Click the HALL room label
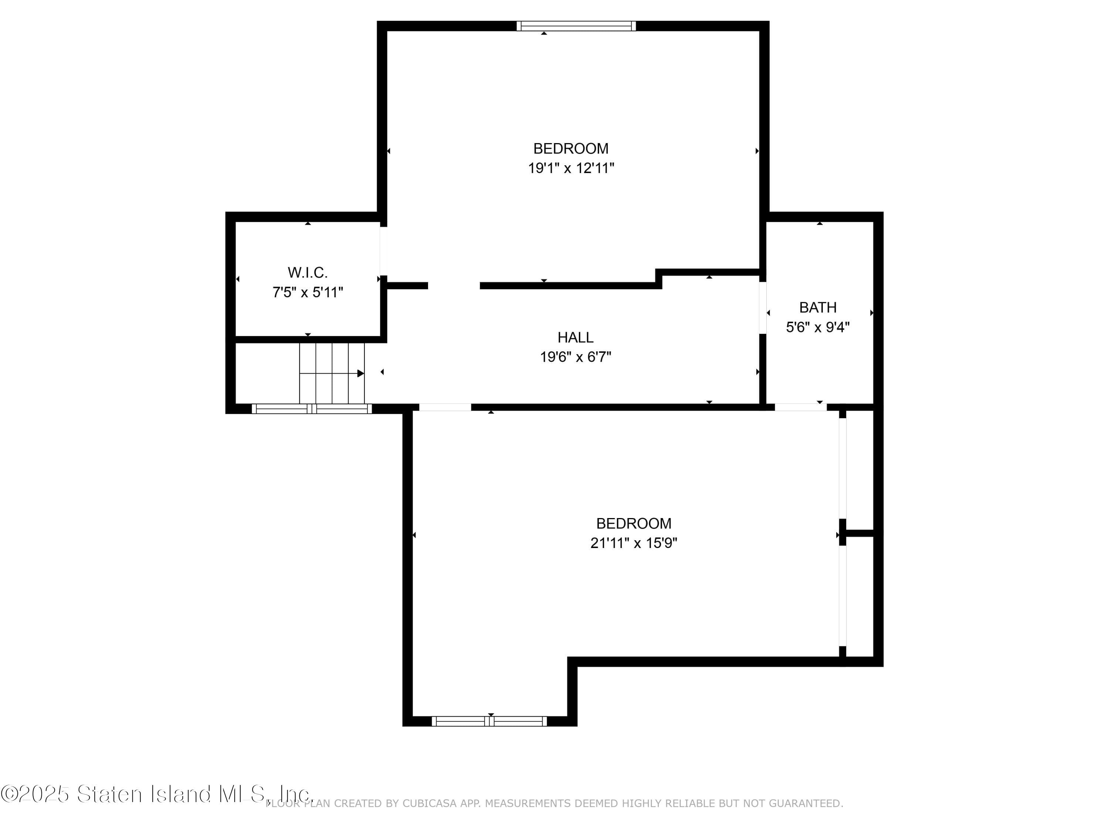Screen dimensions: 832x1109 pyautogui.click(x=575, y=337)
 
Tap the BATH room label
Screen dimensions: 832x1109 pyautogui.click(x=817, y=307)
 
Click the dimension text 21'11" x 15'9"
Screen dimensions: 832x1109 pyautogui.click(x=633, y=543)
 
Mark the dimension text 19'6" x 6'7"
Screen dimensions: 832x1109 pyautogui.click(x=575, y=357)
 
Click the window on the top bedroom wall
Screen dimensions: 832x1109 pyautogui.click(x=576, y=26)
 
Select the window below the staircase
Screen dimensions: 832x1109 pyautogui.click(x=311, y=409)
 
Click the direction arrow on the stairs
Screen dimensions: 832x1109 pyautogui.click(x=360, y=373)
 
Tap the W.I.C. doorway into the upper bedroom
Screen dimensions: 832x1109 pyautogui.click(x=383, y=251)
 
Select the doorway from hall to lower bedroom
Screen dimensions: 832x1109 pyautogui.click(x=445, y=407)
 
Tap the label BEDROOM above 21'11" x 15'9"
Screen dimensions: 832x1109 pyautogui.click(x=633, y=523)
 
